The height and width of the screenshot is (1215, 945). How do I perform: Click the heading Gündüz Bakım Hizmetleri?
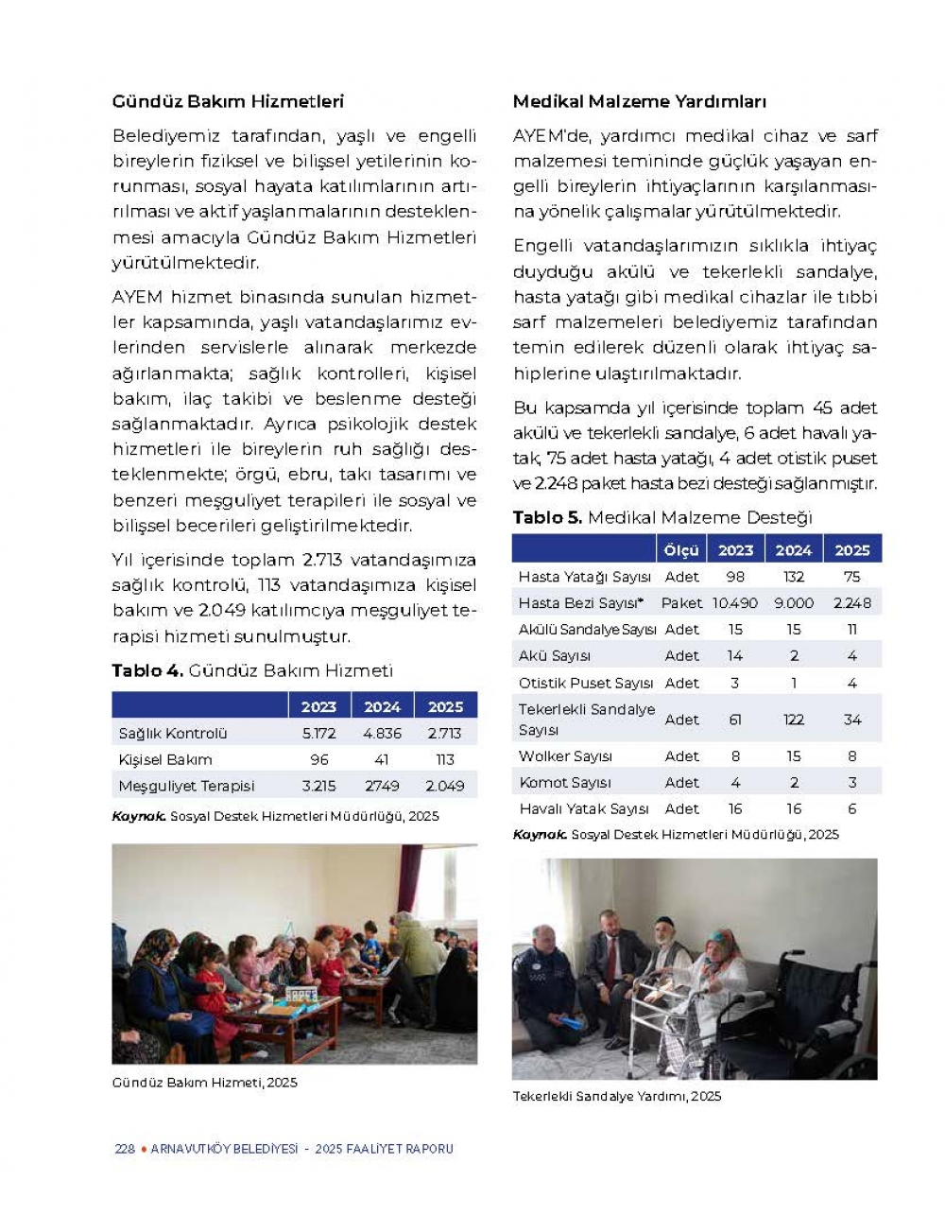click(x=228, y=101)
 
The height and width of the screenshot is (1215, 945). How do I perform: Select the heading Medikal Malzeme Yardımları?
click(x=639, y=101)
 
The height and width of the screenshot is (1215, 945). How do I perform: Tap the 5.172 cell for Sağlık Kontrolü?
click(x=318, y=733)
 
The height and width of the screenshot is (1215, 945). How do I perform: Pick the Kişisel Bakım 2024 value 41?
click(x=382, y=759)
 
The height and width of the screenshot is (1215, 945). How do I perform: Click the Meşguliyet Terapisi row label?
click(x=186, y=786)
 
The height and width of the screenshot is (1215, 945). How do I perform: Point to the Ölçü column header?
click(x=680, y=550)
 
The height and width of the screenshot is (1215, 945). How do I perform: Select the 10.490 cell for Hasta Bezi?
click(x=735, y=602)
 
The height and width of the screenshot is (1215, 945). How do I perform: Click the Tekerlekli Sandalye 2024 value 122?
click(x=794, y=720)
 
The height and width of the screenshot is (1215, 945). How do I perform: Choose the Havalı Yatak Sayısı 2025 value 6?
click(x=851, y=808)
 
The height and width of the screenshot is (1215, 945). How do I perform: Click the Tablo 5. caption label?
click(x=547, y=517)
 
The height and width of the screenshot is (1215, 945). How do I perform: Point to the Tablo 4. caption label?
click(x=146, y=670)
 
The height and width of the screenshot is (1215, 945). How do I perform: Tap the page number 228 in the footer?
click(x=125, y=1149)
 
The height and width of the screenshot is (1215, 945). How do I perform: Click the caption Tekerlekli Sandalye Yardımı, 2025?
click(x=616, y=1096)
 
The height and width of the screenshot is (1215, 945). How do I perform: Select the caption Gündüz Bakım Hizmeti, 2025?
click(x=204, y=1082)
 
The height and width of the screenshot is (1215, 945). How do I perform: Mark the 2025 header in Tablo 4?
click(x=445, y=706)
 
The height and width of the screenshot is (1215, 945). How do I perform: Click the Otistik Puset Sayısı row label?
click(x=585, y=683)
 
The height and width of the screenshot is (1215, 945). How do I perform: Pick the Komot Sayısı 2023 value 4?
click(x=735, y=782)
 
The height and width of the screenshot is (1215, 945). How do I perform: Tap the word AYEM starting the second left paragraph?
click(x=137, y=297)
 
